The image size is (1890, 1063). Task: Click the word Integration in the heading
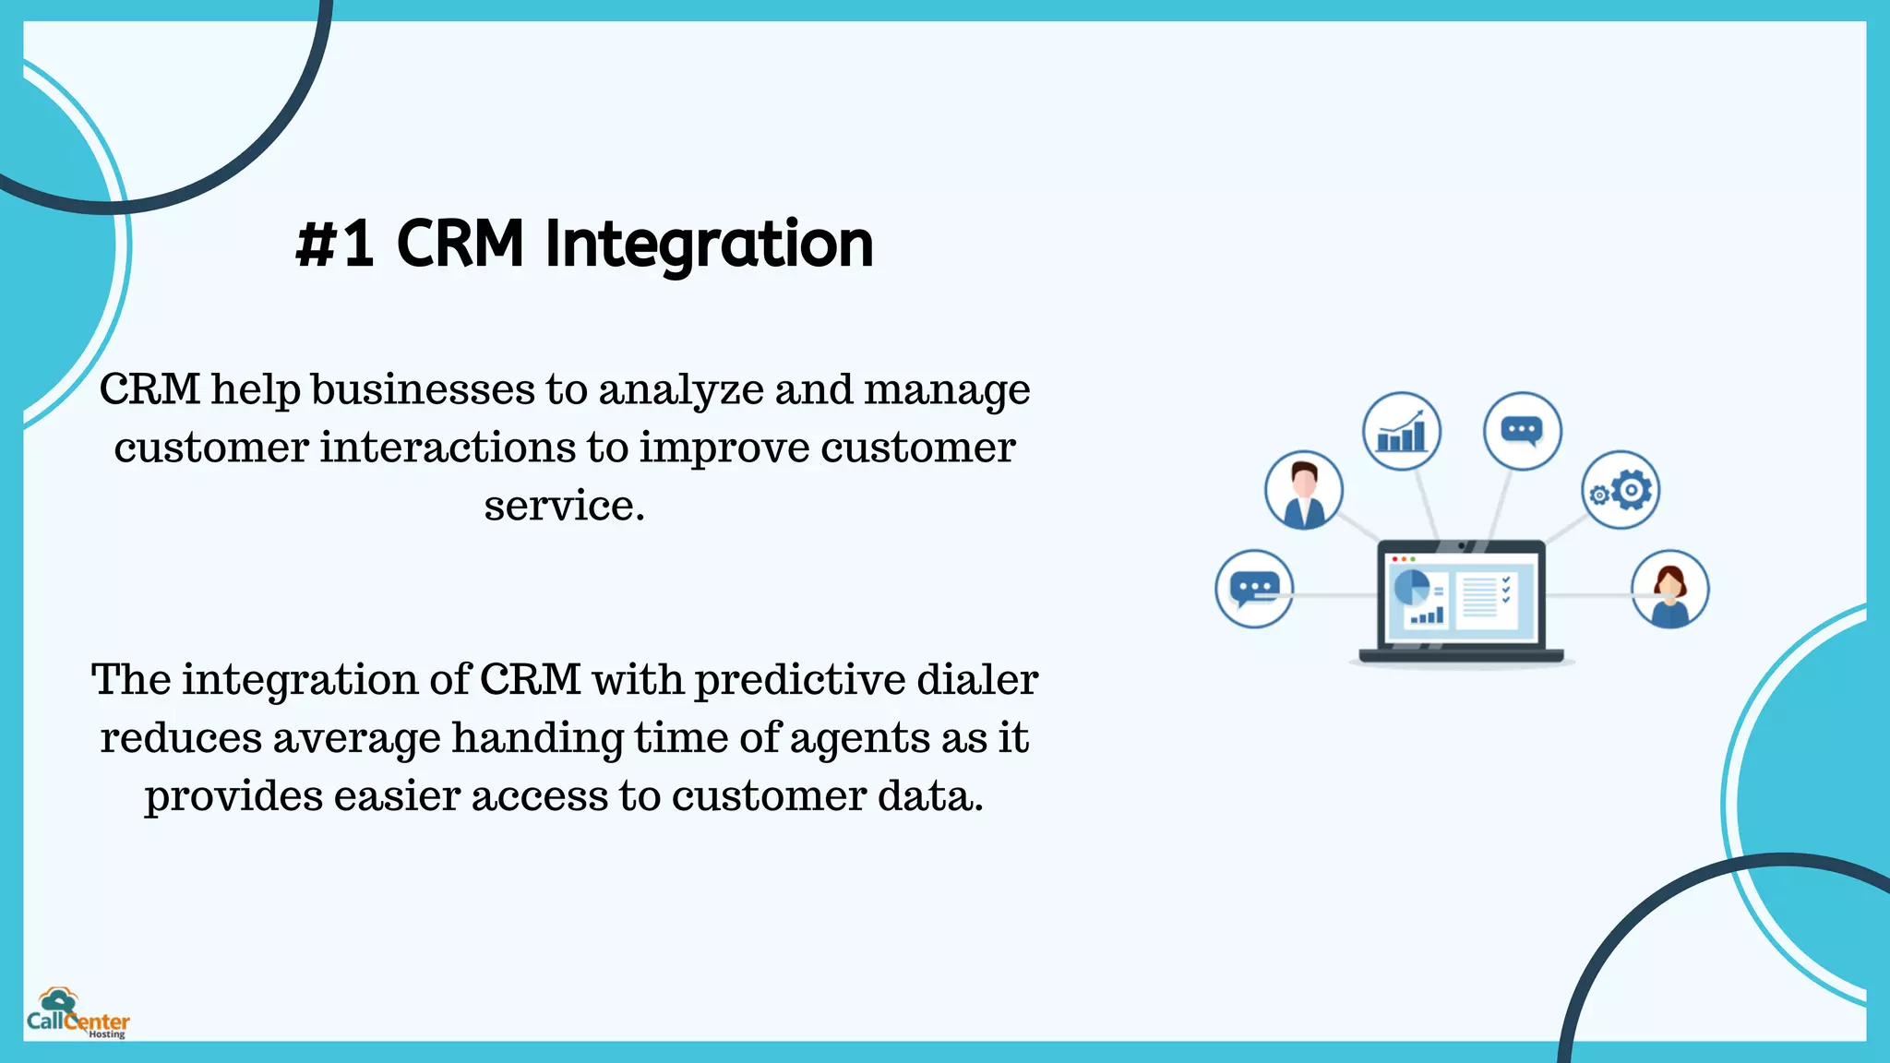point(709,245)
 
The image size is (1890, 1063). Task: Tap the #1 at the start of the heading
point(335,245)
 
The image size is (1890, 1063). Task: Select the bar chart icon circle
point(1401,431)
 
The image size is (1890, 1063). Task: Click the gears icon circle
point(1621,490)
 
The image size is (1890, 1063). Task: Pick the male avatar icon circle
point(1303,490)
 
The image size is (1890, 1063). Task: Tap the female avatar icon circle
point(1669,590)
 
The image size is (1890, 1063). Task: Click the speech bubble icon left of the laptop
point(1254,589)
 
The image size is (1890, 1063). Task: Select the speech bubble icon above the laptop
point(1522,431)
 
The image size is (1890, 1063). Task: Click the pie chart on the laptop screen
point(1411,587)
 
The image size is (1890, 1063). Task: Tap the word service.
point(564,506)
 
